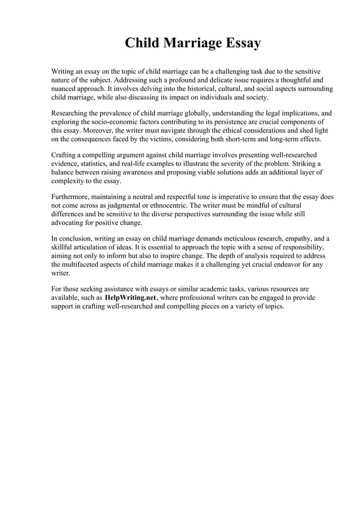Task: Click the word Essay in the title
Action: (239, 43)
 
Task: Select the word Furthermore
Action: (72, 198)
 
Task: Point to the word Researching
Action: (72, 112)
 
